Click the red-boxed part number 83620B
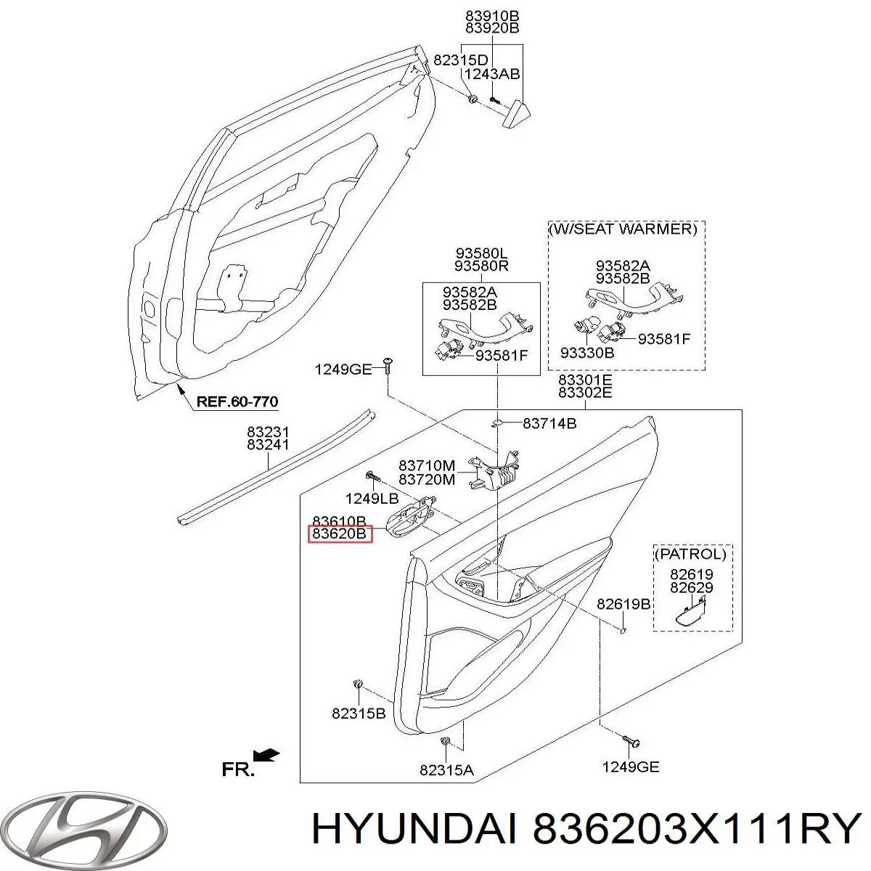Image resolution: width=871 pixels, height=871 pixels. (x=339, y=533)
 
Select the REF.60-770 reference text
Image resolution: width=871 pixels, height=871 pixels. (x=237, y=401)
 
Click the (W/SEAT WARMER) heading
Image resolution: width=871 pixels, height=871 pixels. (x=622, y=229)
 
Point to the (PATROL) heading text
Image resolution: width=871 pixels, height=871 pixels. (x=690, y=554)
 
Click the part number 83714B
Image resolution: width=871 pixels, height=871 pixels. (x=549, y=423)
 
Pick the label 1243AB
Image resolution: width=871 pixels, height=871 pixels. (x=492, y=74)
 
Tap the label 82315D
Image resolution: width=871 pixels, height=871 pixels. (x=461, y=60)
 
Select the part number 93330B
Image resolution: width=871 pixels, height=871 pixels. (x=587, y=352)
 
